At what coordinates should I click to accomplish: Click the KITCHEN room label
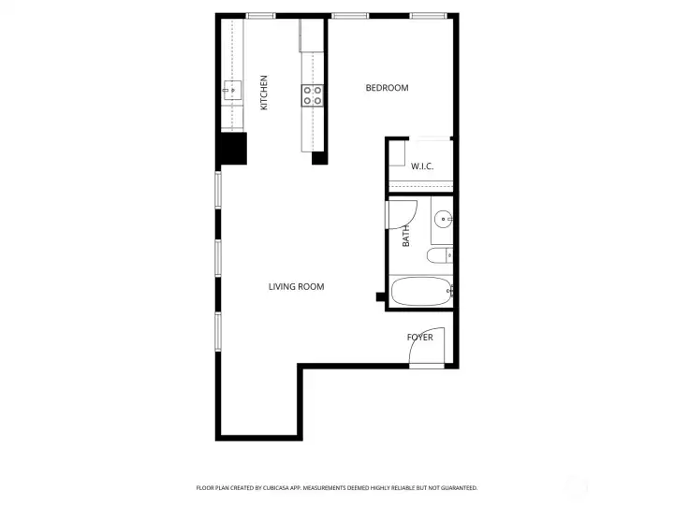(264, 94)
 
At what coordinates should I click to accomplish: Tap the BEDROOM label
(387, 88)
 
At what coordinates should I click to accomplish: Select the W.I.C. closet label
(422, 166)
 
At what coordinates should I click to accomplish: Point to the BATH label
(406, 238)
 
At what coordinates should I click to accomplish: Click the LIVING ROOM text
(296, 287)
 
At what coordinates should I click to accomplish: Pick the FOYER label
(419, 338)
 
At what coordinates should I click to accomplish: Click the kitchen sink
(232, 91)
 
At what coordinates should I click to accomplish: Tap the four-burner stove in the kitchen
(313, 94)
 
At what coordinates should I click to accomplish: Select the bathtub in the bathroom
(421, 292)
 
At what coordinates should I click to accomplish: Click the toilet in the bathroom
(439, 256)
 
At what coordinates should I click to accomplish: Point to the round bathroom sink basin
(443, 220)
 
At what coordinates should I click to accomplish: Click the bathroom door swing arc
(402, 214)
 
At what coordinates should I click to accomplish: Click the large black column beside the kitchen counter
(232, 150)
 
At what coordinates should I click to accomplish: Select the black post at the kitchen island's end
(319, 157)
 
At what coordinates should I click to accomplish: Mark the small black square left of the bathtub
(380, 298)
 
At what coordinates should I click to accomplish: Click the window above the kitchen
(261, 16)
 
